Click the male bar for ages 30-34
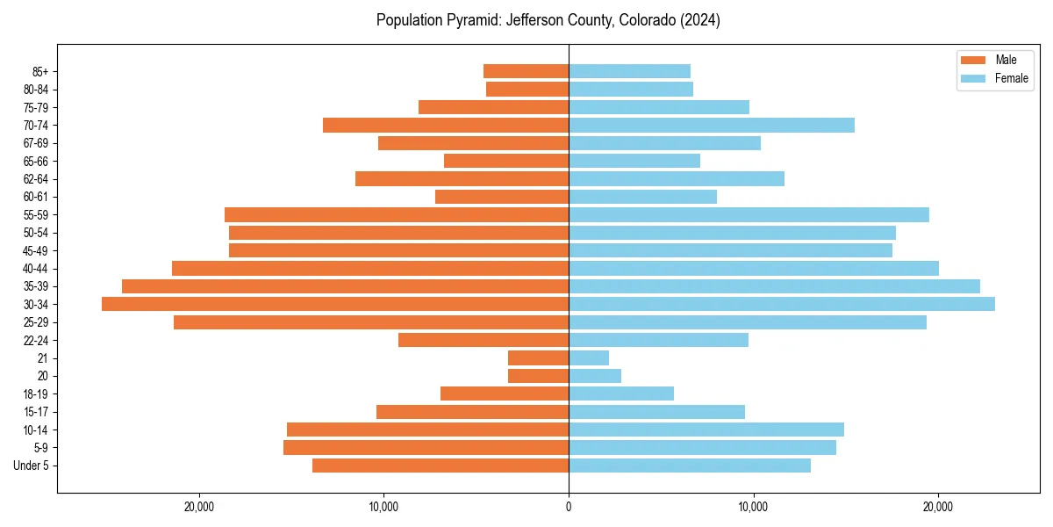click(x=335, y=304)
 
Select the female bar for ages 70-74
click(x=712, y=125)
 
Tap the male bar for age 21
click(x=538, y=358)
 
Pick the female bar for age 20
click(x=595, y=376)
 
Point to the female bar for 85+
click(x=629, y=71)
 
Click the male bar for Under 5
click(x=441, y=466)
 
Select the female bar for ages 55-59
click(x=749, y=214)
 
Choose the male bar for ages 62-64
click(x=462, y=178)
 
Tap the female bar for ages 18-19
click(x=621, y=393)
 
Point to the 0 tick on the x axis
click(x=569, y=507)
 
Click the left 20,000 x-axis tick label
click(x=199, y=507)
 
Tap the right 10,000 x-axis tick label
click(x=754, y=507)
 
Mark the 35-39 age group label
click(x=36, y=286)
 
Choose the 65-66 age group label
click(x=36, y=161)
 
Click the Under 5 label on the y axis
click(x=32, y=466)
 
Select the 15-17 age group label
click(x=36, y=412)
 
